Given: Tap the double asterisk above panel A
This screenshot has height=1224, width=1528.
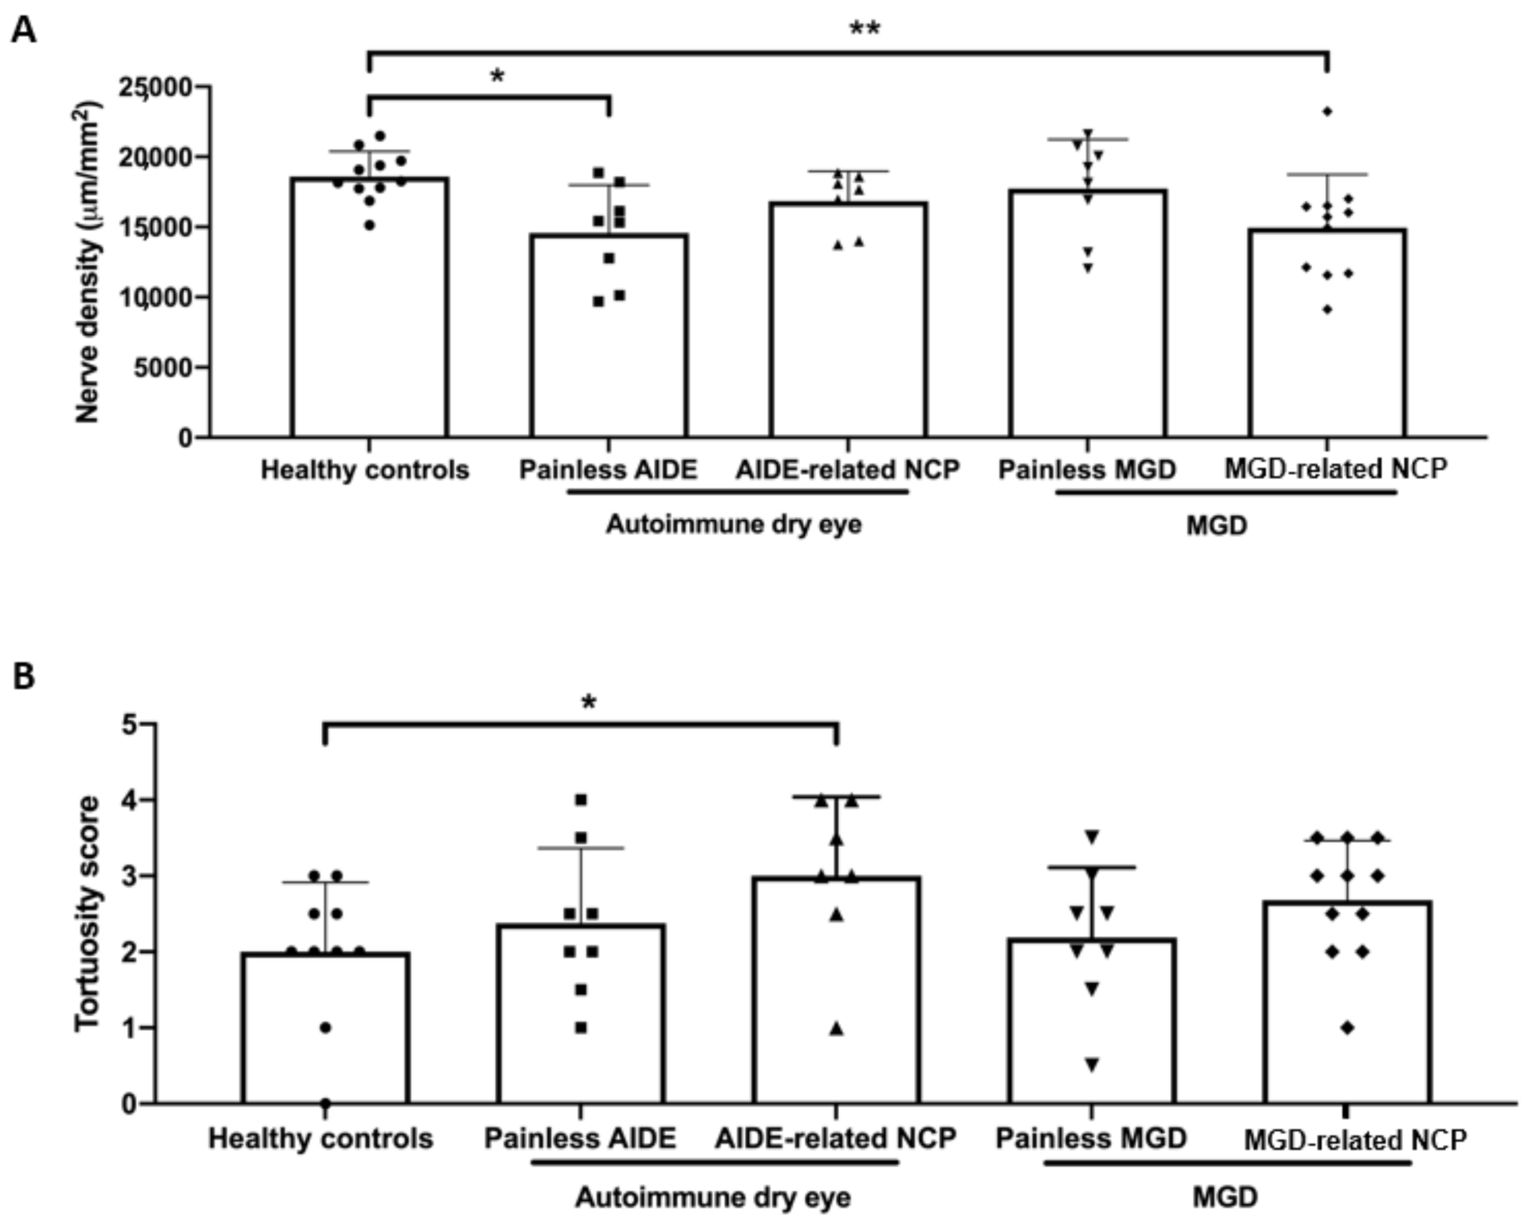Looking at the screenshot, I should pos(865,30).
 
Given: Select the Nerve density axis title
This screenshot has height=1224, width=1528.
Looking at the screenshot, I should pos(88,262).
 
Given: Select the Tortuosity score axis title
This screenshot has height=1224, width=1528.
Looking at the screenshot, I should pos(88,914).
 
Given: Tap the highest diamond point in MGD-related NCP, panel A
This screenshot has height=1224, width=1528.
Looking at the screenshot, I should pos(1327,111).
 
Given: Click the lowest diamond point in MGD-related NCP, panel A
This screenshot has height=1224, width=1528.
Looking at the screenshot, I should pos(1327,309).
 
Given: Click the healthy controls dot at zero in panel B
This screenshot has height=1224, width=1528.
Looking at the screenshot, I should pos(325,1103).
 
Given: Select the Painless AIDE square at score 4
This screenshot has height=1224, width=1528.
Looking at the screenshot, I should pos(581,800).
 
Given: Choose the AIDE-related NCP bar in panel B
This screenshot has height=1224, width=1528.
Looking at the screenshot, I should pos(836,993).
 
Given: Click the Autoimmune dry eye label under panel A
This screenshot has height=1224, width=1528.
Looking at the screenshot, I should pos(734,525).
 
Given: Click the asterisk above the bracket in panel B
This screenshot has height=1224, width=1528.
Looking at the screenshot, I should pos(589,703).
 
